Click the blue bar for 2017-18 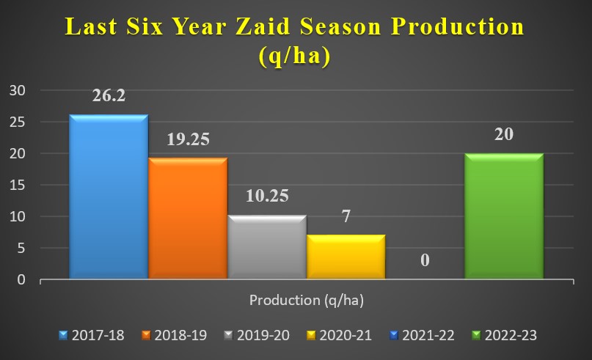click(109, 196)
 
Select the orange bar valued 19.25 click(188, 218)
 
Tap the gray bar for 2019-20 click(267, 247)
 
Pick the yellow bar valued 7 click(346, 257)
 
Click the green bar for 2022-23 click(504, 216)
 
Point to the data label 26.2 click(109, 95)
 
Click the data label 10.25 click(267, 196)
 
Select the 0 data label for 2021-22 click(425, 260)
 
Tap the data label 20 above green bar click(504, 134)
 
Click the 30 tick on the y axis click(18, 91)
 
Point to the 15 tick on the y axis click(18, 185)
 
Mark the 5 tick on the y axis click(21, 248)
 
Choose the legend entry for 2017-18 click(92, 335)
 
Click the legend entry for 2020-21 click(340, 335)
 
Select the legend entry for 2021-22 click(422, 335)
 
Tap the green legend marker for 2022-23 click(477, 335)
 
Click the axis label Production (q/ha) click(307, 301)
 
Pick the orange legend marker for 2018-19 click(146, 335)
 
